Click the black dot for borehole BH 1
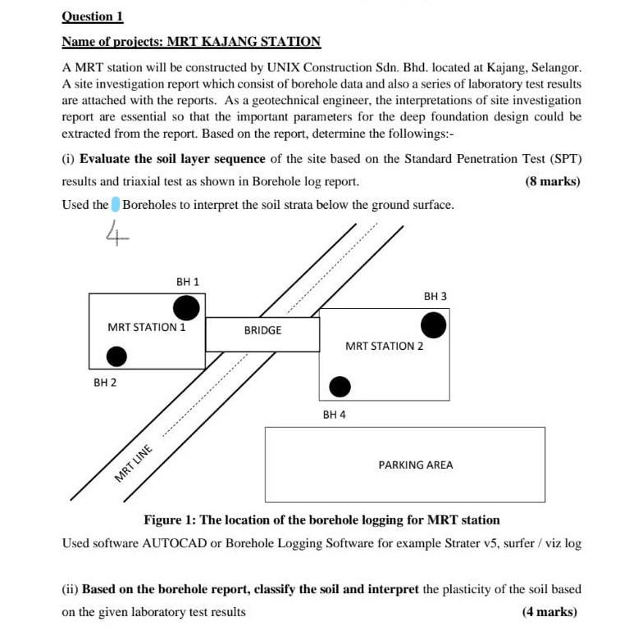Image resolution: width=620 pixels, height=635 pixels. pyautogui.click(x=186, y=308)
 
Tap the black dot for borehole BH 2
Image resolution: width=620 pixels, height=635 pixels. pyautogui.click(x=117, y=356)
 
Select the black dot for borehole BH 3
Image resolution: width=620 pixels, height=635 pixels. pyautogui.click(x=434, y=326)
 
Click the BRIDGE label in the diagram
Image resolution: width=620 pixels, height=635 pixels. pyautogui.click(x=262, y=330)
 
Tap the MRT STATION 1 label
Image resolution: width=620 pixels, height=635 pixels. pyautogui.click(x=147, y=327)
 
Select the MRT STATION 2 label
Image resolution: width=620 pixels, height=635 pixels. pyautogui.click(x=384, y=346)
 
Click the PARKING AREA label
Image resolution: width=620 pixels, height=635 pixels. pyautogui.click(x=415, y=465)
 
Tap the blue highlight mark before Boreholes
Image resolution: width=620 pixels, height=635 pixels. pyautogui.click(x=116, y=204)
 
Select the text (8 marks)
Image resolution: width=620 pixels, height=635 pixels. pyautogui.click(x=552, y=181)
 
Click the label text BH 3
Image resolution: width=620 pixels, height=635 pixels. pyautogui.click(x=435, y=296)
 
